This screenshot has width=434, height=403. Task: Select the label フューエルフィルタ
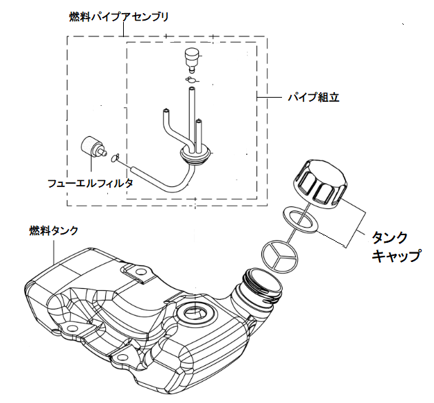(89, 184)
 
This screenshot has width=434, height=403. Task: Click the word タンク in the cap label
(389, 237)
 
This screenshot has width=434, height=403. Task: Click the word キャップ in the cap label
(395, 257)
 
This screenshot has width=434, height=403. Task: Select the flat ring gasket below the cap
(301, 219)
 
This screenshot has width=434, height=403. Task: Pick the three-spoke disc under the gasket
(280, 254)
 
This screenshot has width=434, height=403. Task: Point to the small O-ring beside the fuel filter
(116, 158)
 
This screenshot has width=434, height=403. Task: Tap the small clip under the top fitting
(191, 80)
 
